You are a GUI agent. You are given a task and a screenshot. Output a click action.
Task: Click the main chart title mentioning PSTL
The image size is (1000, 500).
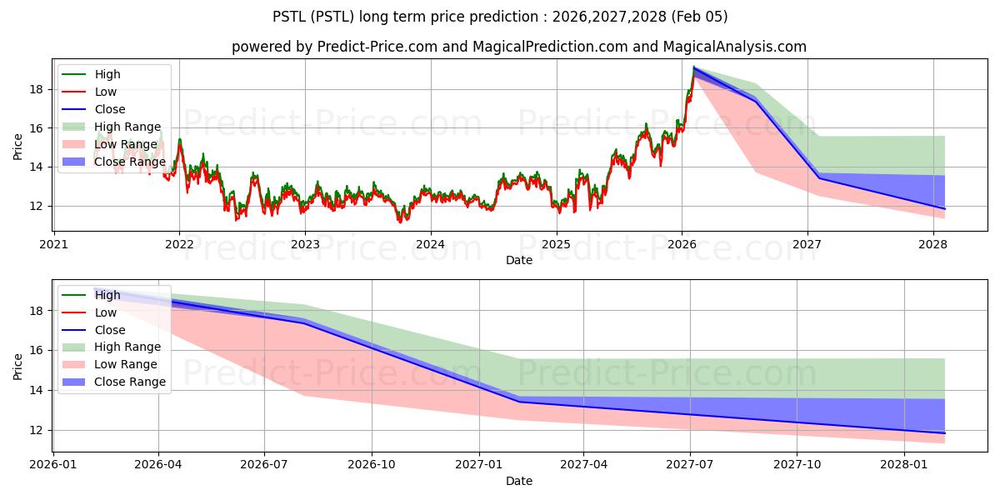(x=500, y=17)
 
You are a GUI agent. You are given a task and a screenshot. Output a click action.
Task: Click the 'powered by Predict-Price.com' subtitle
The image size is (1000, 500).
(x=518, y=47)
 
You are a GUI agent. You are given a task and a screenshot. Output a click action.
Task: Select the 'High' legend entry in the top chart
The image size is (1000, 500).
(x=107, y=74)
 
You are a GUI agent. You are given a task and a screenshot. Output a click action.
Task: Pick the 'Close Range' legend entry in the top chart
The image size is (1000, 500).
(x=130, y=162)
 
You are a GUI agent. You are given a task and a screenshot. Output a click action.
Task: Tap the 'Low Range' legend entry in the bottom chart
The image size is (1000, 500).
(x=126, y=364)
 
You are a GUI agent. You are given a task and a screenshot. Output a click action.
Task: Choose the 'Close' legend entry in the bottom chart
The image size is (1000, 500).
(x=110, y=330)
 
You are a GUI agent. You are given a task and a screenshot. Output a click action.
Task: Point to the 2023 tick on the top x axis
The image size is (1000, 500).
(x=305, y=244)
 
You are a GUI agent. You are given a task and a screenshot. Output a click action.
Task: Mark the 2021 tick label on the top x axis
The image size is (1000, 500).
(x=53, y=244)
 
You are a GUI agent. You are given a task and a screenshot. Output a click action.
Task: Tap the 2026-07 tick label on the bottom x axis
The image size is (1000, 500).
(x=264, y=465)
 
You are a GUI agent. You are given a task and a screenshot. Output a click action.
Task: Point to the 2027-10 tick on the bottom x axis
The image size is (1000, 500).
(x=797, y=465)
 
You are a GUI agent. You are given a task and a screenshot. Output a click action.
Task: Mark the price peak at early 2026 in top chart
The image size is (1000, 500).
(x=694, y=67)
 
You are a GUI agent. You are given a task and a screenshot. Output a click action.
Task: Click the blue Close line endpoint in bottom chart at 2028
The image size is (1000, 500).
(x=944, y=433)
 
